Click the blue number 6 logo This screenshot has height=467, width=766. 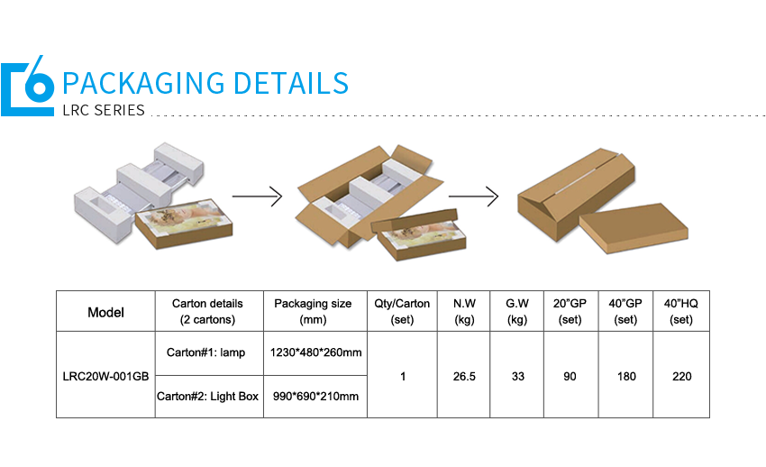(x=27, y=86)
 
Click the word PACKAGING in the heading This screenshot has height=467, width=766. (x=143, y=83)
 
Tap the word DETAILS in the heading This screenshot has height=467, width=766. (x=291, y=83)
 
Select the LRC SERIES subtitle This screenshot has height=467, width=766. (x=104, y=110)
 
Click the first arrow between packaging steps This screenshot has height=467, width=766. (x=257, y=197)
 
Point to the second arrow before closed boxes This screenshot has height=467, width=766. (x=473, y=197)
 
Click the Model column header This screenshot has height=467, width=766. (x=105, y=312)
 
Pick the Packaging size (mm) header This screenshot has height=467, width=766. (x=313, y=311)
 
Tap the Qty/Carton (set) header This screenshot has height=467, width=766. (x=402, y=311)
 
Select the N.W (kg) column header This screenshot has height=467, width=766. (x=464, y=311)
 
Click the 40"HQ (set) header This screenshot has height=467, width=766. (x=681, y=311)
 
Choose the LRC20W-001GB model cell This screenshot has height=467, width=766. (x=105, y=377)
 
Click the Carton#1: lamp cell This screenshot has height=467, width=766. (x=205, y=353)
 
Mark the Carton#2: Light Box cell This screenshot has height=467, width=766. (x=207, y=396)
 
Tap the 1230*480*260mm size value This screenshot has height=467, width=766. (x=315, y=353)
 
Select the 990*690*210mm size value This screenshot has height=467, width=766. (x=315, y=396)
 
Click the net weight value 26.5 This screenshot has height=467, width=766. (x=464, y=377)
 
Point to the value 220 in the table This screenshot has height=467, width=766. (x=681, y=377)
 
